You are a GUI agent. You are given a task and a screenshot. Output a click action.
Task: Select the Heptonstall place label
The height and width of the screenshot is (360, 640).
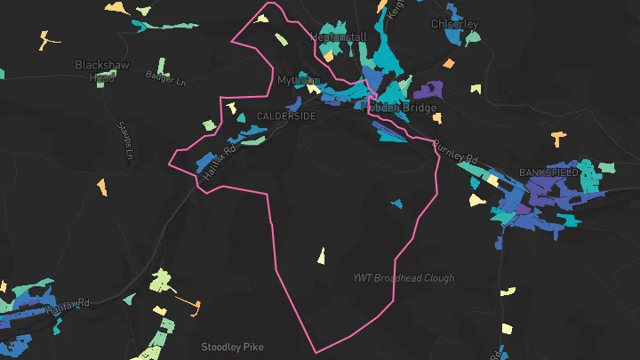coord(338,38)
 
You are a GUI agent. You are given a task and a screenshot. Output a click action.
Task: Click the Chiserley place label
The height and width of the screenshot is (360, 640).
coord(454,24)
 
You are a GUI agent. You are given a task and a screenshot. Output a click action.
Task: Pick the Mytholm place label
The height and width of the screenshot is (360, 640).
coord(299,80)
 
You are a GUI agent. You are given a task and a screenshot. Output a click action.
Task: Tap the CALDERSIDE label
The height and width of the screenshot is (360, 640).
coord(285,116)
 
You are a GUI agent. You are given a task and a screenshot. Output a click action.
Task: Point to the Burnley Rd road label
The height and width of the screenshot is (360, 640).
coord(456,152)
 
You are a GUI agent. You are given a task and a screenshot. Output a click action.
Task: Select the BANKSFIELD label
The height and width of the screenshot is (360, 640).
coord(548,172)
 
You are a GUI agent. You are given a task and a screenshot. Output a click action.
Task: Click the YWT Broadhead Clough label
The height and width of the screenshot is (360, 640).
coord(402,278)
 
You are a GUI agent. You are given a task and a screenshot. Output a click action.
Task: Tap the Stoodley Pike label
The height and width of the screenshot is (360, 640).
coord(233,347)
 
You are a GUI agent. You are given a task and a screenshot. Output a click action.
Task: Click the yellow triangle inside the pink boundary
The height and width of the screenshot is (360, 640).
coord(321,256)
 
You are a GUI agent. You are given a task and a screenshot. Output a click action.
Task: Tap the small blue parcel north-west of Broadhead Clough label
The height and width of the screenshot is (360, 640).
coord(396,203)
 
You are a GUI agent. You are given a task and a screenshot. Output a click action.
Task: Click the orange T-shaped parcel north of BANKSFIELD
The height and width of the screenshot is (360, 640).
coord(558,139)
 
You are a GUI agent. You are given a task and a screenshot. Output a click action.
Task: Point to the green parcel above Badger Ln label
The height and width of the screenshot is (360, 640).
coord(163,66)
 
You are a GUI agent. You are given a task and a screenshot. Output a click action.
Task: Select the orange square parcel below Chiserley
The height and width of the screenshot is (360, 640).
coord(448,64)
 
